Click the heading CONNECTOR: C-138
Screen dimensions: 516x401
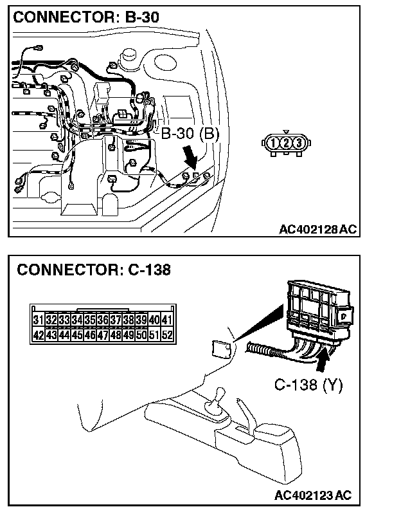(94, 270)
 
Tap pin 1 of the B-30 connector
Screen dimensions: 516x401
(274, 142)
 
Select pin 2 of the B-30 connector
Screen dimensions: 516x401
(285, 142)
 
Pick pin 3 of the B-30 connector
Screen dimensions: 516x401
(297, 142)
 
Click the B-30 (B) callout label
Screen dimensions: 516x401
(190, 134)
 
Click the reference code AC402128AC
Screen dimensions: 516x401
(317, 230)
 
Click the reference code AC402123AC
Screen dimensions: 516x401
(312, 495)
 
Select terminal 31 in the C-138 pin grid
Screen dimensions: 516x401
(38, 320)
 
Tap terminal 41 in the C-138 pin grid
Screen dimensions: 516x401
(166, 320)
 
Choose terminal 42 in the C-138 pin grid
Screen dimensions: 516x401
(38, 335)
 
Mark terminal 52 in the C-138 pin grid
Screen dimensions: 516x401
(166, 335)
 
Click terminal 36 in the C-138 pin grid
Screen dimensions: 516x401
(102, 320)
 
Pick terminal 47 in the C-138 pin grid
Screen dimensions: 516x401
(102, 335)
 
